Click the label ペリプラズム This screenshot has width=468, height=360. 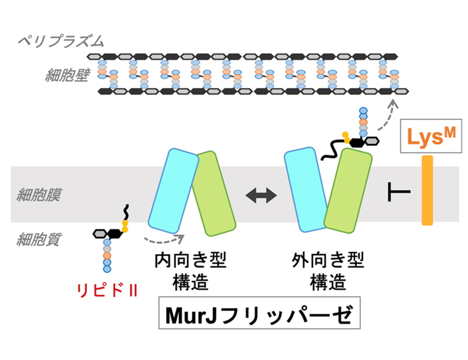[60, 42]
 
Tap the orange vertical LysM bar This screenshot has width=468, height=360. [427, 189]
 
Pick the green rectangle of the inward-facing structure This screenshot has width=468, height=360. [214, 194]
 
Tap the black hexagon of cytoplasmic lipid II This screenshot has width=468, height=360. [114, 233]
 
